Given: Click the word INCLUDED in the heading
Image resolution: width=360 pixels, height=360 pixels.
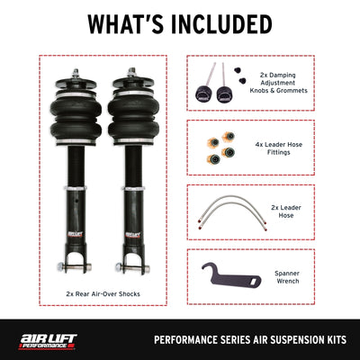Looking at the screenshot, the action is point(221,24).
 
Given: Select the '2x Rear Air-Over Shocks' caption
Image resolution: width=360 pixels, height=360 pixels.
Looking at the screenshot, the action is point(103,293).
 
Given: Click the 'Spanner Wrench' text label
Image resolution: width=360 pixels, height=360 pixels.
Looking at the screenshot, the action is point(287,277).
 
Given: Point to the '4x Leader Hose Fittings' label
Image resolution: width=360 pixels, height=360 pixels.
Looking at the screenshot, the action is point(279,148).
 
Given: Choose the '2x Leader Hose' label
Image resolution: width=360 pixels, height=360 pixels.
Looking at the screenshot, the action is point(286,211).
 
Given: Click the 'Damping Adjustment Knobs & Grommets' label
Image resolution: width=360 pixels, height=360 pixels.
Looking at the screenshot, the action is point(279,83).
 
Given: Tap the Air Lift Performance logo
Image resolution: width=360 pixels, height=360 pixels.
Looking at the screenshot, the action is point(48,342).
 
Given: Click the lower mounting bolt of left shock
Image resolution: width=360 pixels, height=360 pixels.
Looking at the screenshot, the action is point(74,266).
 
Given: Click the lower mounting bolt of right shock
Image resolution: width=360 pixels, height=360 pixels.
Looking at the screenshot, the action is point(132,266).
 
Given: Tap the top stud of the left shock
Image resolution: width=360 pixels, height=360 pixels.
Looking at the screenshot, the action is point(75,73).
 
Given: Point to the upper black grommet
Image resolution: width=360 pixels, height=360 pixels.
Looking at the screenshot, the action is point(238,70).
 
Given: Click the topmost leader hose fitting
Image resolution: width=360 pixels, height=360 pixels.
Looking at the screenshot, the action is point(229,137).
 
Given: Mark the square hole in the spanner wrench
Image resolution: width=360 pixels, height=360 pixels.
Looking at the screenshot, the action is point(253,282).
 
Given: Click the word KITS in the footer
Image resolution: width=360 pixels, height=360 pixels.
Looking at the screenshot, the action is point(337,340).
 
